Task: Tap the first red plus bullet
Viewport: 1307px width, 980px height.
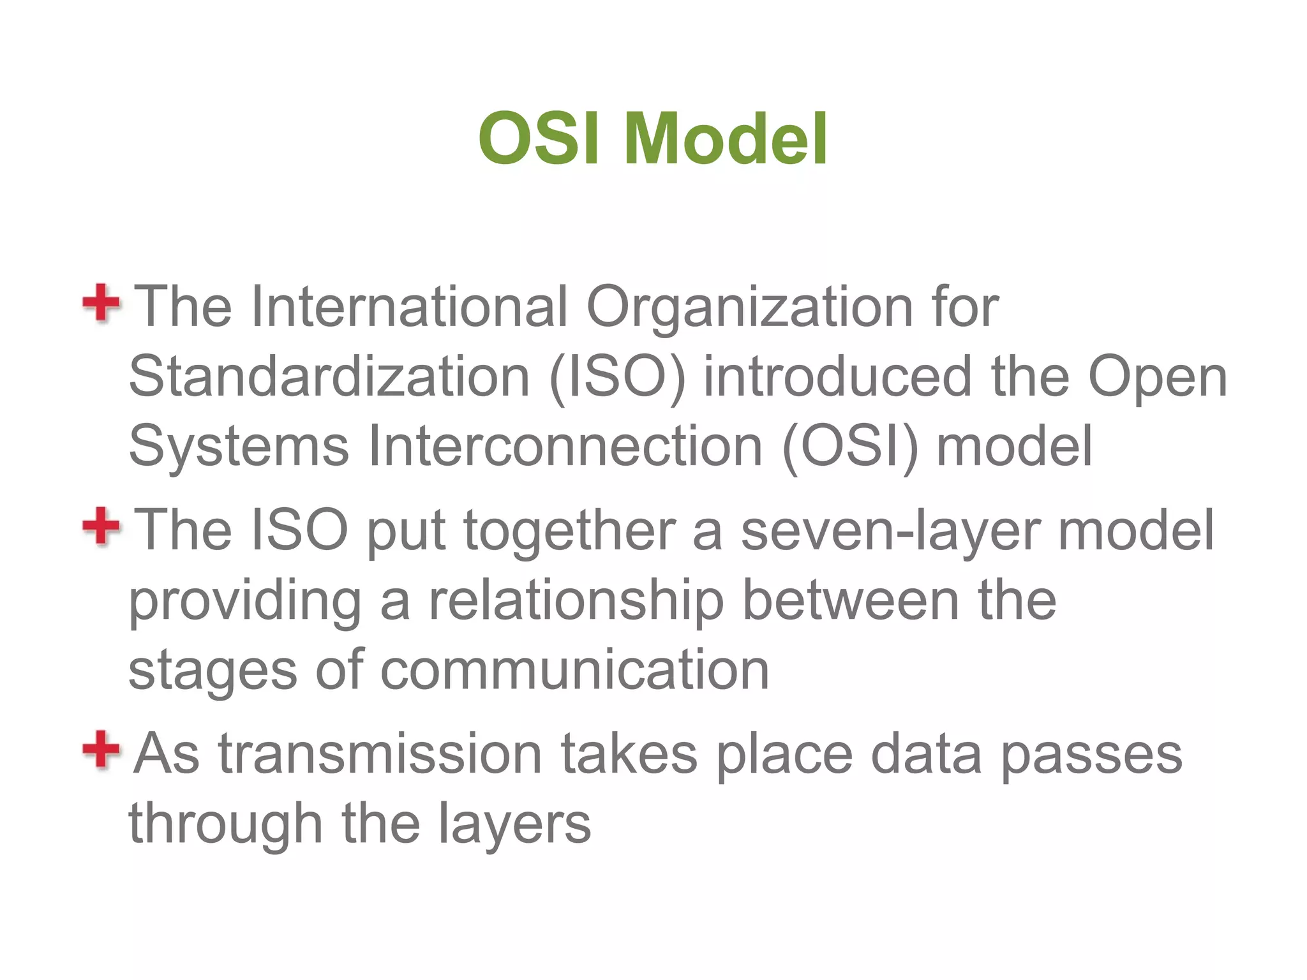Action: coord(101,303)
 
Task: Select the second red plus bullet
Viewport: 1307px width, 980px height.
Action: coord(101,526)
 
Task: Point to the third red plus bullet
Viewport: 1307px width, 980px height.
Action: coord(101,750)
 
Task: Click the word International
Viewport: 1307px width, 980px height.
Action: coord(409,307)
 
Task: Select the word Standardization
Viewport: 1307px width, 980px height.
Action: coord(329,376)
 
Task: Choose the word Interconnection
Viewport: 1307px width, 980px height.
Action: coord(565,446)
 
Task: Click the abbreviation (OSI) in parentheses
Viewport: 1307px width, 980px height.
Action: coord(850,447)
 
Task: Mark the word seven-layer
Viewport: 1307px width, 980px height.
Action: coord(891,531)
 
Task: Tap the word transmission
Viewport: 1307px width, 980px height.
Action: coord(380,754)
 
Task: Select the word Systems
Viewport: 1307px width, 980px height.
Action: coord(239,447)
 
